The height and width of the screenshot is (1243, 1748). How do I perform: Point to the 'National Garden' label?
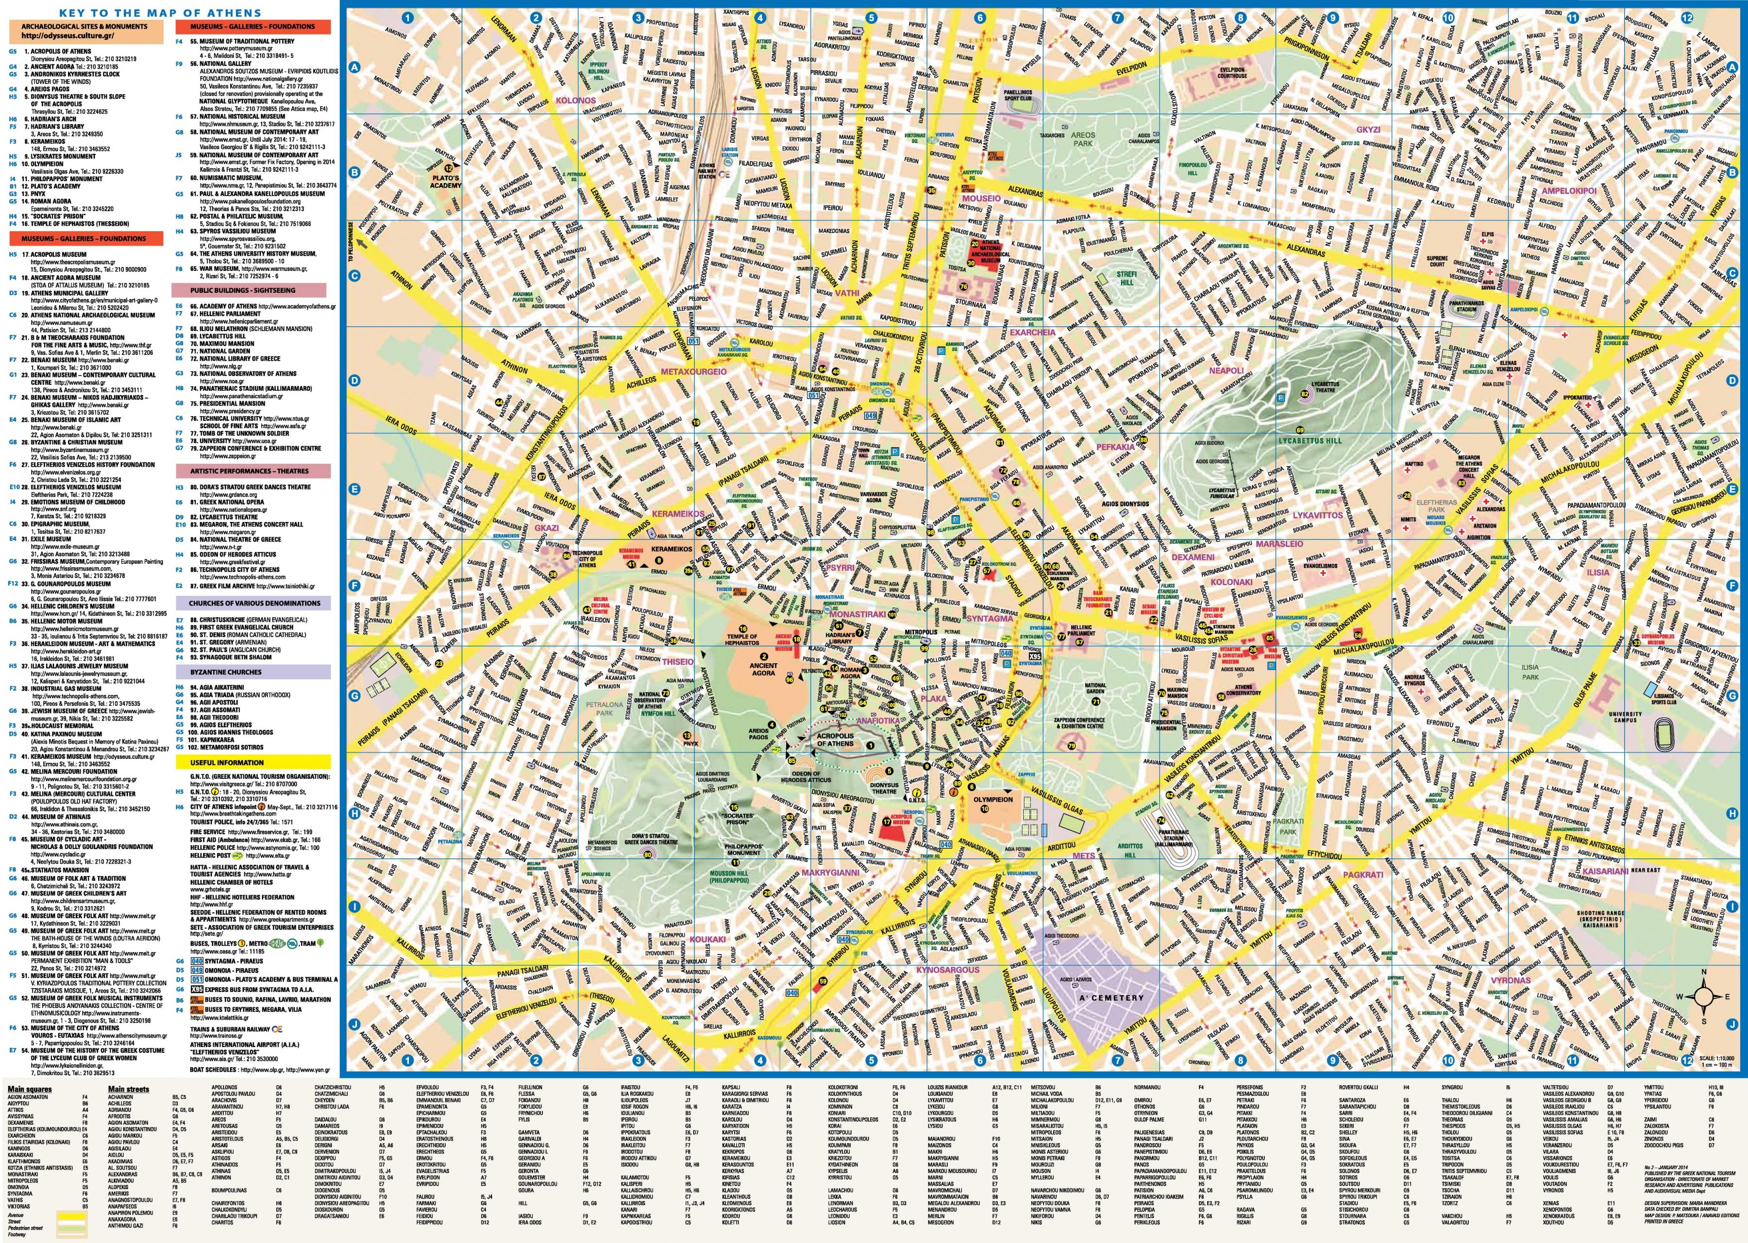[x=1095, y=689]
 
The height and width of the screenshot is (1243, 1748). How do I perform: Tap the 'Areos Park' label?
[x=1082, y=139]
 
